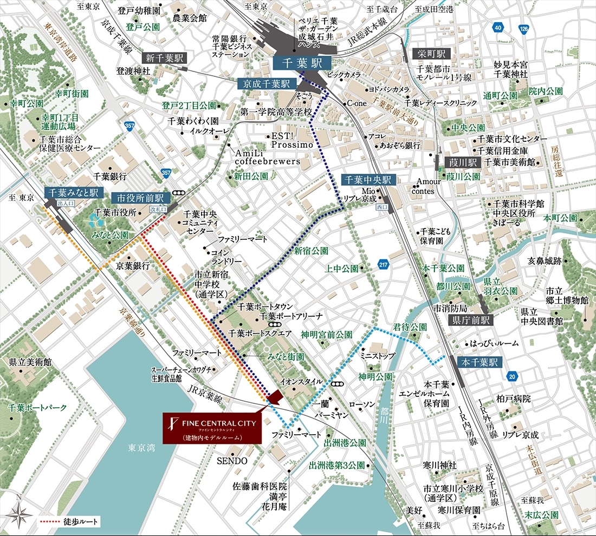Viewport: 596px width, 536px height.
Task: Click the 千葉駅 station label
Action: pyautogui.click(x=302, y=63)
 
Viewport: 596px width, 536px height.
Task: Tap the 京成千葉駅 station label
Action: pyautogui.click(x=265, y=84)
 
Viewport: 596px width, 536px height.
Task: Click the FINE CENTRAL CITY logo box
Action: pyautogui.click(x=213, y=428)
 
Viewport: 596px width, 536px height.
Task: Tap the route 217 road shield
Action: pyautogui.click(x=384, y=265)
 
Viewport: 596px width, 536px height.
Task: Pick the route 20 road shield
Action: pyautogui.click(x=512, y=376)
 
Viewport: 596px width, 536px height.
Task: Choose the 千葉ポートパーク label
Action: pyautogui.click(x=38, y=407)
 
